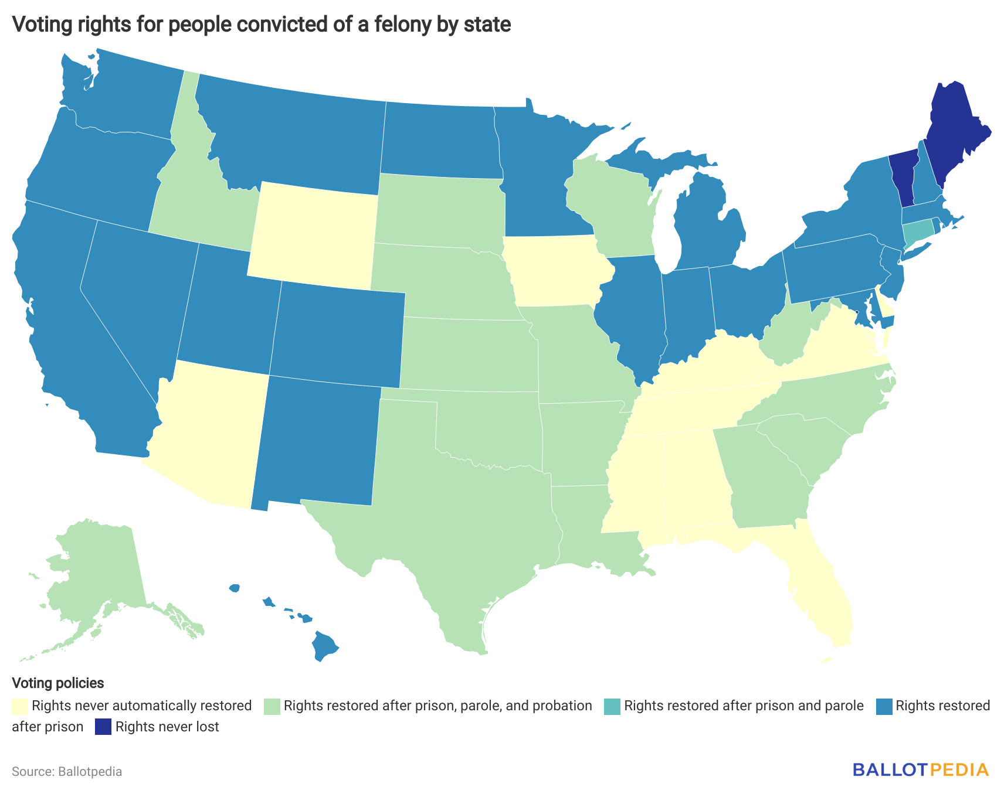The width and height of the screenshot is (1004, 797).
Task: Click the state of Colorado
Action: click(337, 332)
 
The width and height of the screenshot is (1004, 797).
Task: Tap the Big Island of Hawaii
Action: click(323, 645)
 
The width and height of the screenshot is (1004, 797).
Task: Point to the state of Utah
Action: click(229, 311)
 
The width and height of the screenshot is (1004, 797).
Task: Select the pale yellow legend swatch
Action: click(19, 706)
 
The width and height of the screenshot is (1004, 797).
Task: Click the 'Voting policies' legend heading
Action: click(57, 683)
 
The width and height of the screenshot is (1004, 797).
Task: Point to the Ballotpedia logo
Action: click(920, 769)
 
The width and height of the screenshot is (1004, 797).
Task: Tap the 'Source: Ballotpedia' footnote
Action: click(67, 771)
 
